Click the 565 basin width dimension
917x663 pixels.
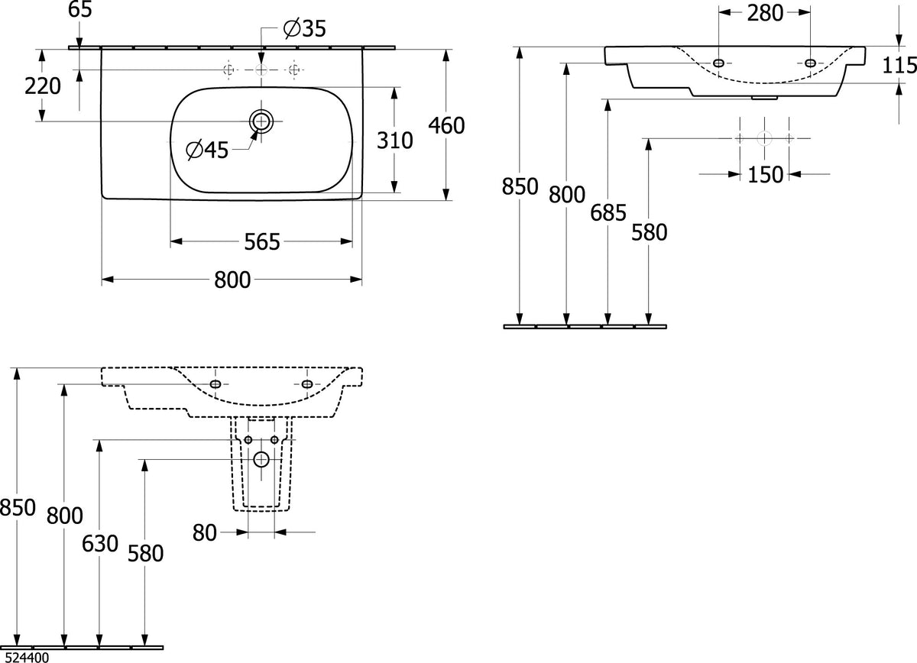[x=262, y=241]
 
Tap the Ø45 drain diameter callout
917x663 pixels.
[x=207, y=150]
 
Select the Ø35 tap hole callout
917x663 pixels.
[x=305, y=29]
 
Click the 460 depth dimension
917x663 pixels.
[x=446, y=125]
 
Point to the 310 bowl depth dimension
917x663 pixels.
[x=394, y=141]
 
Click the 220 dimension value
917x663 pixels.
[x=43, y=86]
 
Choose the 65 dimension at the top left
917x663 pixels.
[x=80, y=9]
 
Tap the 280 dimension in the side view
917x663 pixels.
[x=765, y=13]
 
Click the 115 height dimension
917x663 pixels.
[x=899, y=66]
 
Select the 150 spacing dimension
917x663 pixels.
[x=765, y=175]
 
